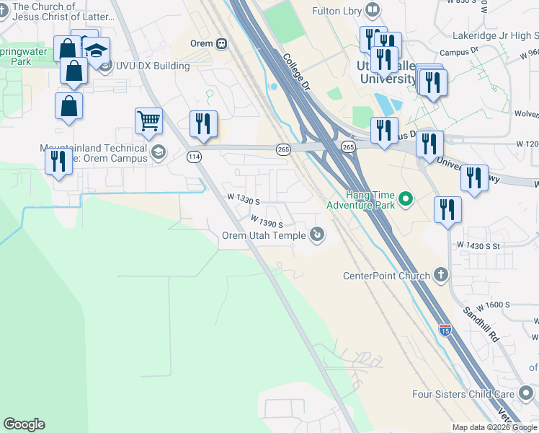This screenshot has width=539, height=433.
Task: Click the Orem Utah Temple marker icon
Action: (316, 234)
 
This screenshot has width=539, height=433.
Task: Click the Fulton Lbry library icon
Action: (373, 10)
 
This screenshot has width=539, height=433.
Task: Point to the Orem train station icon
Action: (222, 43)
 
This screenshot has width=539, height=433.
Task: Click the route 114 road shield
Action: (193, 156)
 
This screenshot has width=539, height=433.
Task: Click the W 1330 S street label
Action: (243, 197)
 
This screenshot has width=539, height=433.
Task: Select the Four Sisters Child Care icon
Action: (525, 394)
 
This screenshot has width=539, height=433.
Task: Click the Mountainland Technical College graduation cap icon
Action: (157, 152)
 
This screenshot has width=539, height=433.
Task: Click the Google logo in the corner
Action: (24, 424)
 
